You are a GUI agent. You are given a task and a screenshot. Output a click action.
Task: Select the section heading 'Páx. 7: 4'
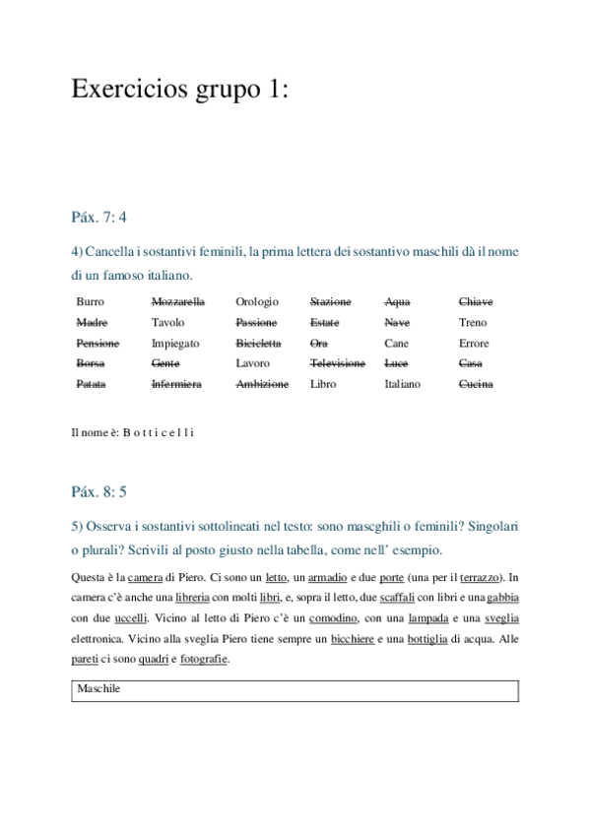[x=99, y=216]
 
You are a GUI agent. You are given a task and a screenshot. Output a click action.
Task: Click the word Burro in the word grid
[x=90, y=301]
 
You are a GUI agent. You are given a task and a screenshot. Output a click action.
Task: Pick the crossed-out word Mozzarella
[x=178, y=301]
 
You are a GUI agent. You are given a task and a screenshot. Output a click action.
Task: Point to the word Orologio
[x=257, y=301]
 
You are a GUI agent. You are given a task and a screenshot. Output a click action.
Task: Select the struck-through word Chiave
[x=476, y=301]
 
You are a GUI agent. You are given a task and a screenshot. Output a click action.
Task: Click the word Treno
[x=473, y=322]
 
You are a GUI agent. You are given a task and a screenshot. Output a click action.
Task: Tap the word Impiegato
[x=175, y=343]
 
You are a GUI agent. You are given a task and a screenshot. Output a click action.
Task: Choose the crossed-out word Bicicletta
[x=258, y=343]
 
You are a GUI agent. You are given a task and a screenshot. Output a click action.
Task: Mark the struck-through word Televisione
[x=337, y=363]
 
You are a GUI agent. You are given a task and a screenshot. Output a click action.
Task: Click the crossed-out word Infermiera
[x=176, y=384]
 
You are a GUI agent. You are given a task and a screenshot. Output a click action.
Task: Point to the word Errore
[x=474, y=343]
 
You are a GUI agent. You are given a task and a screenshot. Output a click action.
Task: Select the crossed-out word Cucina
[x=476, y=384]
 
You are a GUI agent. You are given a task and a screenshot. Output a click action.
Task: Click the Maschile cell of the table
[x=98, y=689]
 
